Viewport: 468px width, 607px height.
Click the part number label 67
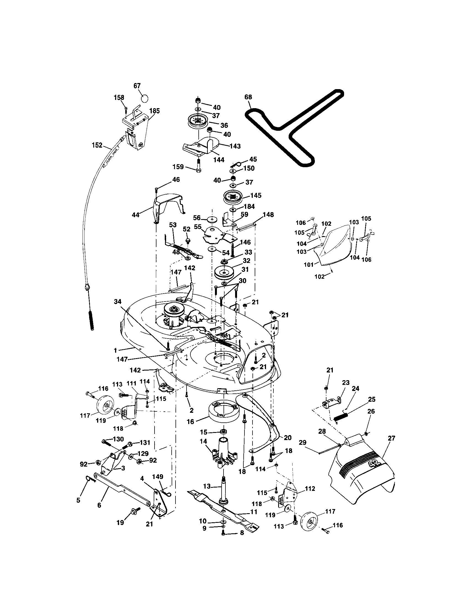137,86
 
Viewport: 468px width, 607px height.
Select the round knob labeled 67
145,98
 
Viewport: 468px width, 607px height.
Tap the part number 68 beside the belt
248,97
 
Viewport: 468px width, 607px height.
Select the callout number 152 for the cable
97,145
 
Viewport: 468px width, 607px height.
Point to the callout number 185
154,111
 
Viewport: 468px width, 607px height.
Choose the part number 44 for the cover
135,215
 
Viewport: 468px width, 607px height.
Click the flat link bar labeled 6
122,491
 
